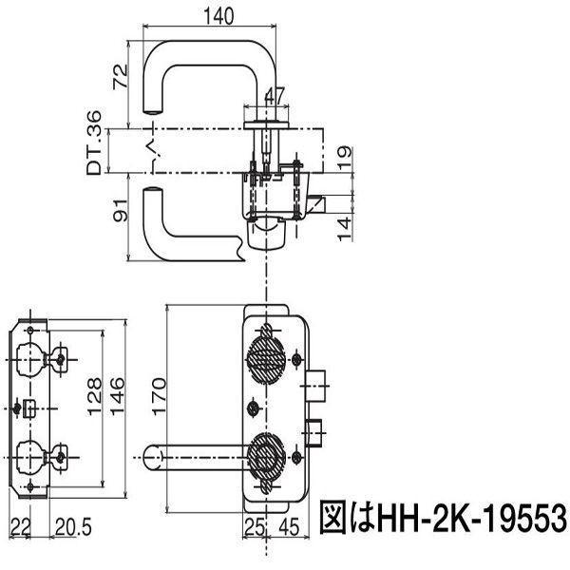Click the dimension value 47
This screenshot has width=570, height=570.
[x=274, y=94]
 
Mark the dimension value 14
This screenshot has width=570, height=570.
[x=347, y=226]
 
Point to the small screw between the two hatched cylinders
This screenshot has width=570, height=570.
[x=253, y=408]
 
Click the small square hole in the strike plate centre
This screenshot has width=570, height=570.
[x=31, y=408]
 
